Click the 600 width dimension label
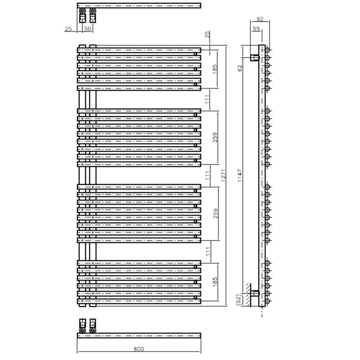click(139, 349)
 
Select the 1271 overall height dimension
click(224, 175)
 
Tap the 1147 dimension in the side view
click(240, 175)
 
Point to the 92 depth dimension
click(260, 19)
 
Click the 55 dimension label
click(256, 28)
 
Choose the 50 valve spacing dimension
click(88, 29)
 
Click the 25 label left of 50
click(68, 29)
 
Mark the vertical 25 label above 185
click(207, 35)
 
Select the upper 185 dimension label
click(215, 69)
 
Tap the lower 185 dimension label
click(215, 282)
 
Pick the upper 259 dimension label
click(215, 137)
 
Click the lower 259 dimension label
click(216, 213)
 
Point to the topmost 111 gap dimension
click(207, 99)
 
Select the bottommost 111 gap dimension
click(208, 252)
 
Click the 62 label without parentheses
click(240, 68)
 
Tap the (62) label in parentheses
click(238, 299)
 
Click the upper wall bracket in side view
click(254, 58)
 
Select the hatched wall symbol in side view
click(249, 295)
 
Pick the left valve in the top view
click(82, 16)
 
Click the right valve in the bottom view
click(93, 326)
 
